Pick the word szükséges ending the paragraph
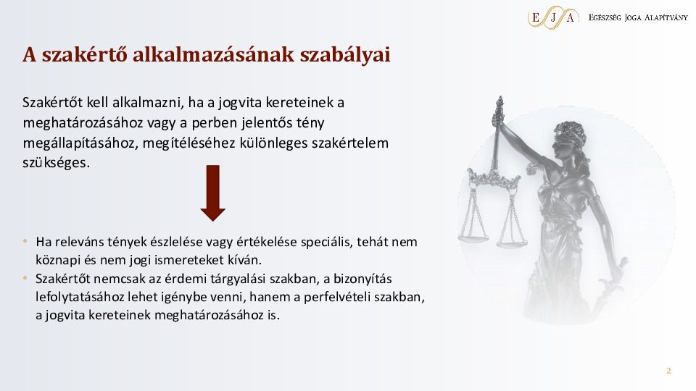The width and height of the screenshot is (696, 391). coord(56,163)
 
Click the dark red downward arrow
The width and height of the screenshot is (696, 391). coord(213,193)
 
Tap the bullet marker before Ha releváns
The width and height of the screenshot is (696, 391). coord(25,241)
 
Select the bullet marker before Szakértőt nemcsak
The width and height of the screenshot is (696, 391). coord(25,278)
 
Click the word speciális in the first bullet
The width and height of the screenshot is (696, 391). coord(326,242)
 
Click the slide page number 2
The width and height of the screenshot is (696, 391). coord(668,371)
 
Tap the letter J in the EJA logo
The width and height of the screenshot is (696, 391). coord(553,17)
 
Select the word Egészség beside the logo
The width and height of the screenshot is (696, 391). coord(605,17)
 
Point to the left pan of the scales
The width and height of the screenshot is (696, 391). coord(473,238)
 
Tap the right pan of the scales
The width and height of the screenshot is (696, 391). coord(512,243)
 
